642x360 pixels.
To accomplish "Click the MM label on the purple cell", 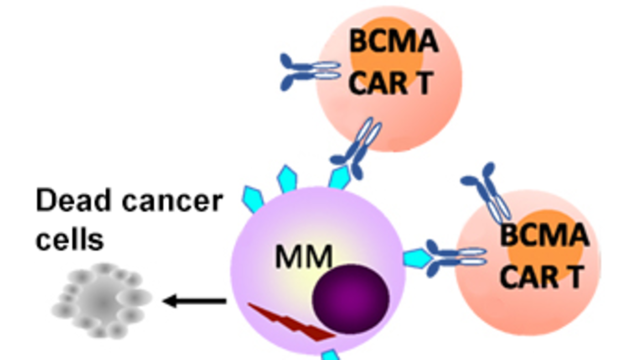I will click(304, 256).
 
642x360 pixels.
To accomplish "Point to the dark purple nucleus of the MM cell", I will click(350, 299).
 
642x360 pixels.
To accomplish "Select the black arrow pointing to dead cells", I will click(194, 301).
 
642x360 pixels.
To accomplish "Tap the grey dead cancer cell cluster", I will click(102, 300).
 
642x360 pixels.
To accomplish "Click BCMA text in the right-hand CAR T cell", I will click(544, 235).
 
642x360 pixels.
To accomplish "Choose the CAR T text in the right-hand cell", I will click(543, 277).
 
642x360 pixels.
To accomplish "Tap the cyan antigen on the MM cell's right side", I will click(416, 258).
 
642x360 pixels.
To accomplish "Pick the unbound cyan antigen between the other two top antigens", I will click(287, 179).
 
